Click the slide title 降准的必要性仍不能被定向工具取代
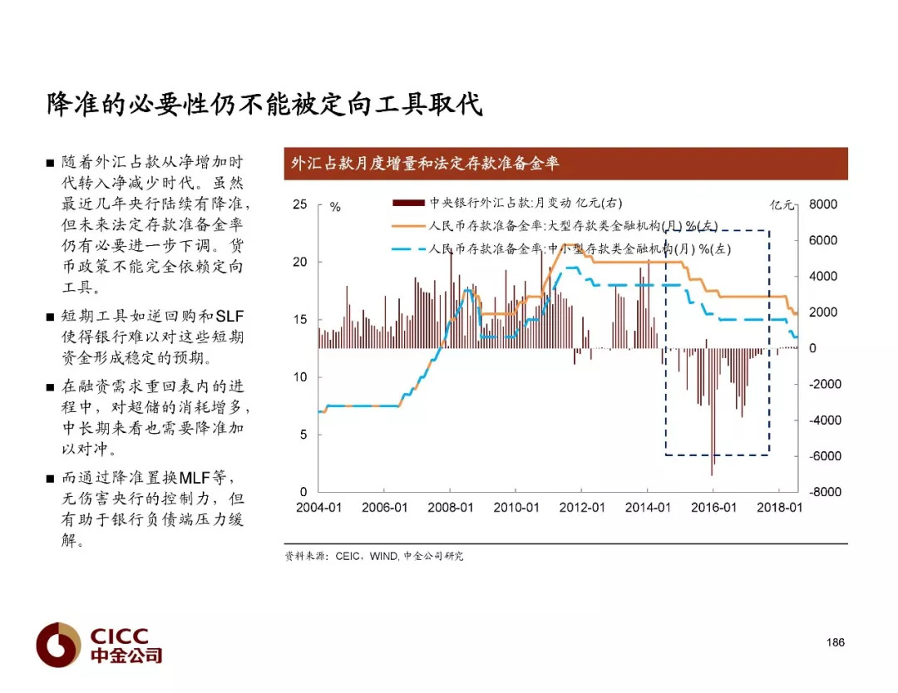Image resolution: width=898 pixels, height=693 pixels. coord(264,104)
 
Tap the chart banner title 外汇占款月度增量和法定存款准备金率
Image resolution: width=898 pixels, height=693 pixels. coord(424,164)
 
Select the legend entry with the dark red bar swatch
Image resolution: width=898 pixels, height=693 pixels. coord(507,203)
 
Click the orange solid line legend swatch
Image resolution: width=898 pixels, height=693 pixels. coord(409,226)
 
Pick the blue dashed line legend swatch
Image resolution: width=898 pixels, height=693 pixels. coord(409,249)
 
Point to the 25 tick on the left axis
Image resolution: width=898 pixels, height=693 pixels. coord(299,204)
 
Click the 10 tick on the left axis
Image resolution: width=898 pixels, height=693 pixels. coord(299,377)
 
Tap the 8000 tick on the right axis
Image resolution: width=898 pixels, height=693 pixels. coord(823,204)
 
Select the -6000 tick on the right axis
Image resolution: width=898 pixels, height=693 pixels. coord(825,456)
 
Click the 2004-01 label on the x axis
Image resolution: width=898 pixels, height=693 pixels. coord(318,508)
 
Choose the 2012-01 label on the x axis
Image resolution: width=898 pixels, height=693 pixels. coord(582,508)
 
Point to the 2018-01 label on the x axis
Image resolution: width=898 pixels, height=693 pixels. coord(779,508)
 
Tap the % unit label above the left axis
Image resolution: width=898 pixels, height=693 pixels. coord(336,207)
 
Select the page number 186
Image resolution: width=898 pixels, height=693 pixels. coord(835,642)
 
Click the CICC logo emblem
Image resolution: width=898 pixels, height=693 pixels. coord(58,645)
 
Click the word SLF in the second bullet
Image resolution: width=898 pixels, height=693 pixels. coord(229,316)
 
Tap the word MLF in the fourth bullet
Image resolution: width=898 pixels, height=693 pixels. coord(195,477)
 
